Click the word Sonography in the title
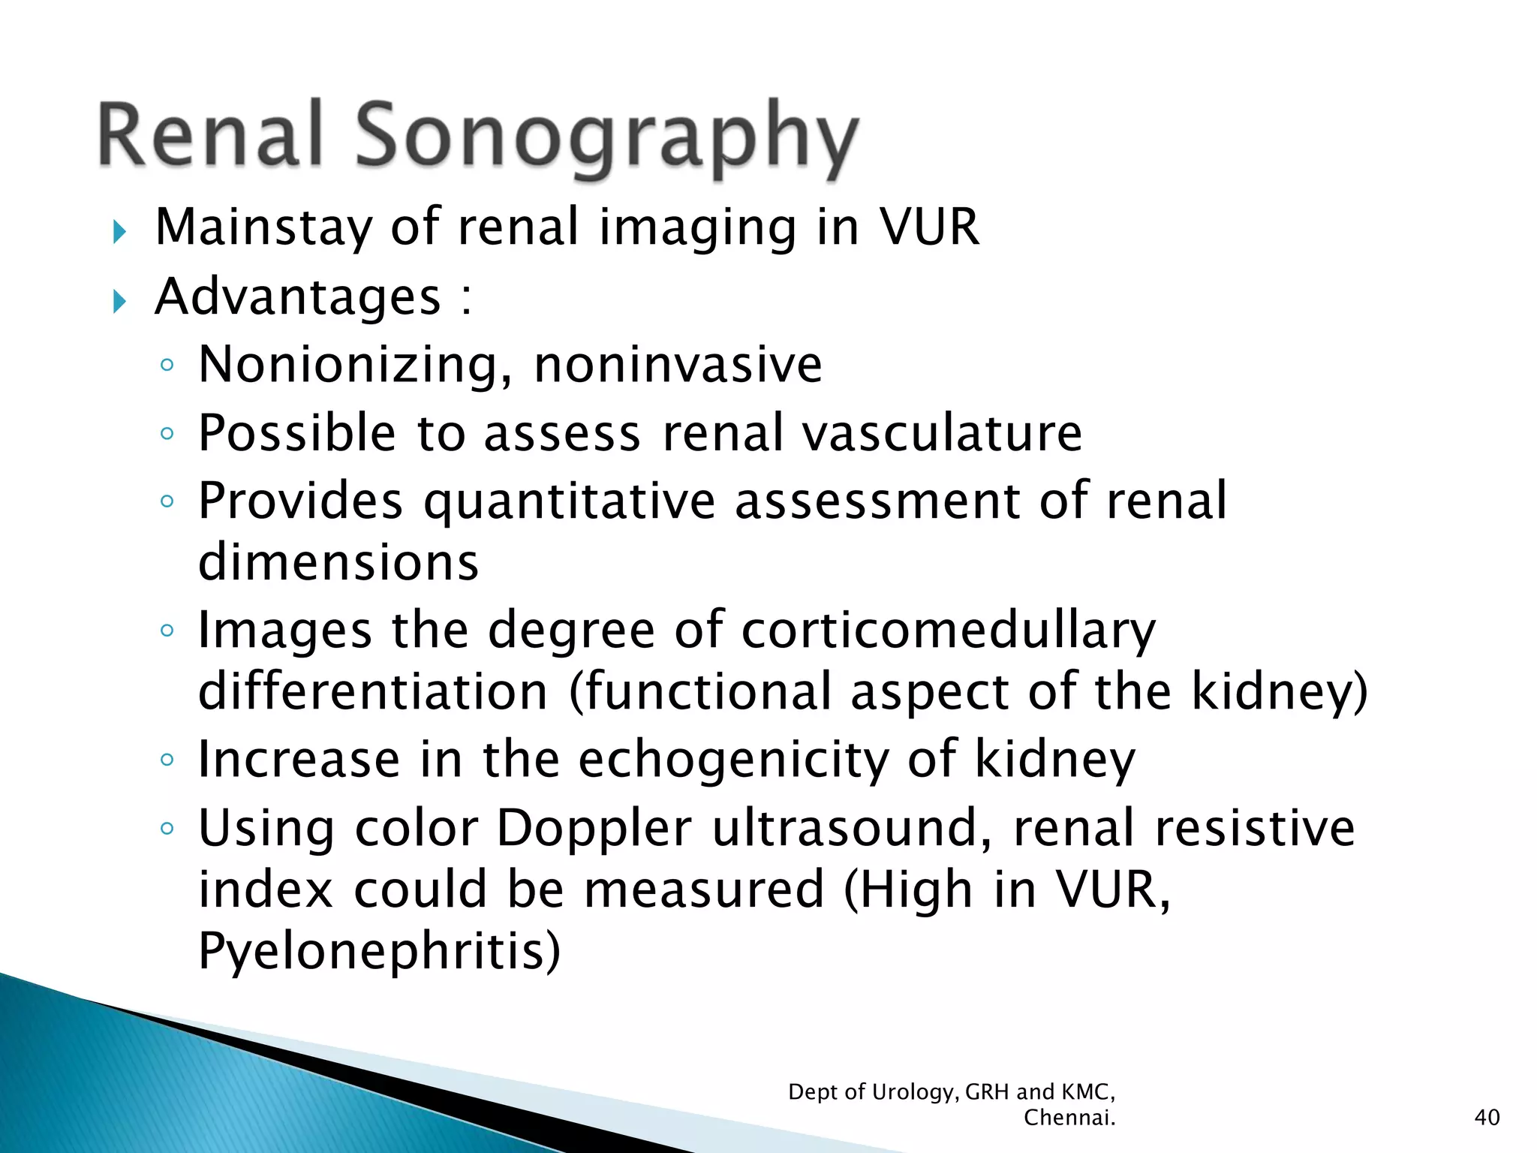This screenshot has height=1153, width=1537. click(606, 137)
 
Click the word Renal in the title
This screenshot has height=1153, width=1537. click(211, 135)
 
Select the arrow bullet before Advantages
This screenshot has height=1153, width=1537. click(119, 302)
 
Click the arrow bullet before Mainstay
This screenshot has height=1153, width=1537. click(119, 232)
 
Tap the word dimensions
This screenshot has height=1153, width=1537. click(338, 562)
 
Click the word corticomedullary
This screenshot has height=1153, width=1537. click(949, 631)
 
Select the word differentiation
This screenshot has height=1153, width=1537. click(373, 691)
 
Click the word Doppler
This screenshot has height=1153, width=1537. click(594, 828)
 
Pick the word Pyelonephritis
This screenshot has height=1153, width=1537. click(379, 951)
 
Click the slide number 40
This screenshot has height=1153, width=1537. click(1487, 1118)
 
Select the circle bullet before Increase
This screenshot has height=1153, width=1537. click(167, 760)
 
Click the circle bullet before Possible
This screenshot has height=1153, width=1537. click(167, 433)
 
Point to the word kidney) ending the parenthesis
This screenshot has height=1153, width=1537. click(1279, 691)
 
